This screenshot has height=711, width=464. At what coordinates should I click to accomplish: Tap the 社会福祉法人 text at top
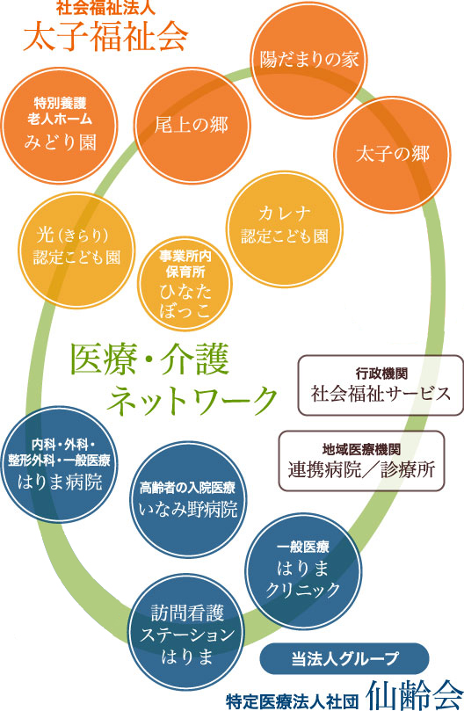tap(105, 10)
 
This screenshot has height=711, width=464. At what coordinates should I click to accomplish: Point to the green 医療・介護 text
tap(149, 359)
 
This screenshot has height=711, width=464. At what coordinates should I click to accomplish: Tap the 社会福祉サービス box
tap(381, 384)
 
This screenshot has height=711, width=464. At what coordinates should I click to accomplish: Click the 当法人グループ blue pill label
tap(345, 657)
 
